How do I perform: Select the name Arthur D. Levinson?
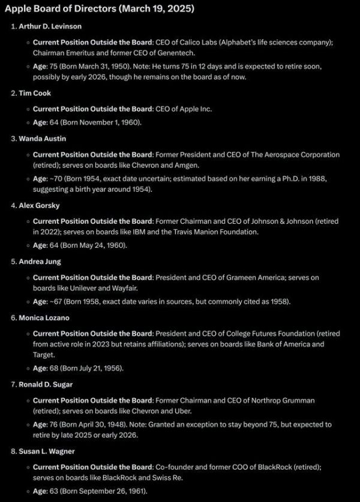(50, 26)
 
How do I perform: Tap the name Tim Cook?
(35, 92)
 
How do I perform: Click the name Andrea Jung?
(40, 261)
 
